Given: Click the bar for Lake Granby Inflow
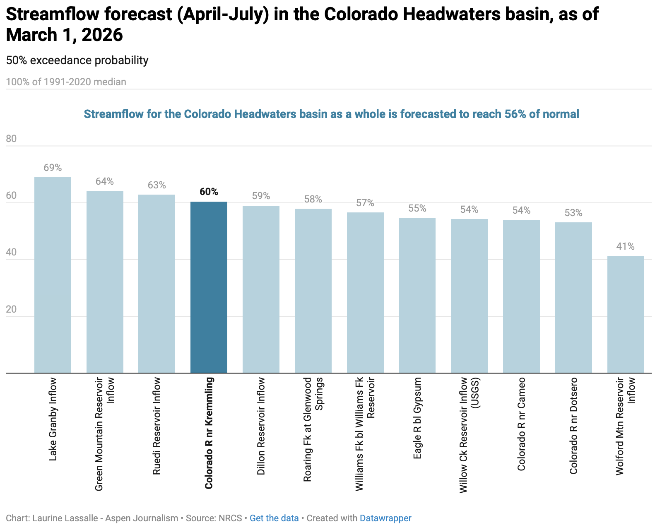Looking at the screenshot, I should click(x=53, y=275).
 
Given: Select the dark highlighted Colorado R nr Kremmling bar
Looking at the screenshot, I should click(x=209, y=287).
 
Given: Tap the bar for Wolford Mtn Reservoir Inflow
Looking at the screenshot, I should click(x=625, y=314).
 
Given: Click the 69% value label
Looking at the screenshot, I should click(x=53, y=168).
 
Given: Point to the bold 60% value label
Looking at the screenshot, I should click(x=209, y=192).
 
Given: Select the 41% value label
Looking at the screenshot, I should click(x=625, y=246).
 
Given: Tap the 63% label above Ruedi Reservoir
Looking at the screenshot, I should click(x=157, y=185).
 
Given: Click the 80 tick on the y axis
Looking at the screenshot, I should click(x=12, y=139).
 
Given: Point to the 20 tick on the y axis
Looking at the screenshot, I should click(x=12, y=309).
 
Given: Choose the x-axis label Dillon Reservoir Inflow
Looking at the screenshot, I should click(x=261, y=426).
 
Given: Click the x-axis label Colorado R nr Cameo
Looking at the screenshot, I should click(x=521, y=424).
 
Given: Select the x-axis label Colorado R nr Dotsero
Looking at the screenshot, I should click(x=573, y=426).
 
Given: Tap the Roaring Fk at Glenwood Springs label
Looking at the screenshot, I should click(x=313, y=429).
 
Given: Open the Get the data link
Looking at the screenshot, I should click(x=274, y=518).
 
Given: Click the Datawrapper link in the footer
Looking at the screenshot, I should click(x=385, y=518).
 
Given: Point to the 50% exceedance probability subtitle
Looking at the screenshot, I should click(x=77, y=60).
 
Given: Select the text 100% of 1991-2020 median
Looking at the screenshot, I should click(x=66, y=82).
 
